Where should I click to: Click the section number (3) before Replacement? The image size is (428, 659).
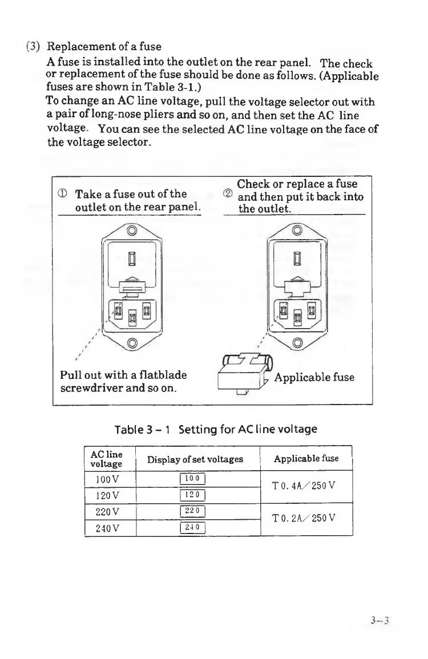33,46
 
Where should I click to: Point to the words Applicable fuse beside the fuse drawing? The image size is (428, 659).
314,377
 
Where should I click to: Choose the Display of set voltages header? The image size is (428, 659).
195,459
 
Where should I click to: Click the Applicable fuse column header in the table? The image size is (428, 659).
306,458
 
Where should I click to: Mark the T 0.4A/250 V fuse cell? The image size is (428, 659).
306,486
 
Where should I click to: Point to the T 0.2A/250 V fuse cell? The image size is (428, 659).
306,519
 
